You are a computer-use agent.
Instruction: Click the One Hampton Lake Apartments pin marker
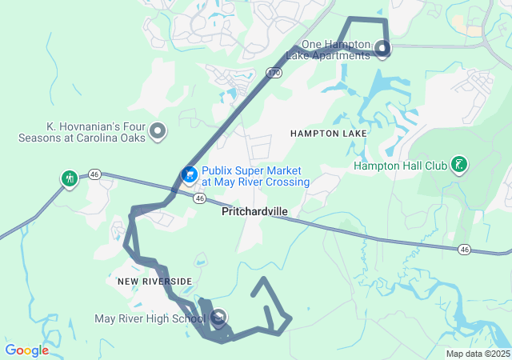[382, 49]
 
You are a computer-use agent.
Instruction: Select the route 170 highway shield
[273, 73]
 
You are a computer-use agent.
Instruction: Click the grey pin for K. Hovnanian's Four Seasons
[158, 130]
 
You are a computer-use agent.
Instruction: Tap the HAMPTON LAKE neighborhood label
[329, 133]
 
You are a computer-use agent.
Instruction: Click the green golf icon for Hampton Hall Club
[459, 165]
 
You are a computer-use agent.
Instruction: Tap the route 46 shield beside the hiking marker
[94, 174]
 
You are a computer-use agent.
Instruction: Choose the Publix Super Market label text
[255, 176]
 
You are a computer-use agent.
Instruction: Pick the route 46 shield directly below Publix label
[199, 197]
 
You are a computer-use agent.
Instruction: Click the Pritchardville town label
[254, 212]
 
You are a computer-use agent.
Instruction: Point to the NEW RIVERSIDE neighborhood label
[155, 282]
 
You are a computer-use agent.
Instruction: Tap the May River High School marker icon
[218, 318]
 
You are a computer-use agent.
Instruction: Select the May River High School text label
[150, 319]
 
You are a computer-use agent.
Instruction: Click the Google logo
[26, 350]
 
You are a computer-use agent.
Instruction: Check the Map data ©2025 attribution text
[477, 354]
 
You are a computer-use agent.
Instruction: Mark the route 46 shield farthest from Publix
[464, 250]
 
